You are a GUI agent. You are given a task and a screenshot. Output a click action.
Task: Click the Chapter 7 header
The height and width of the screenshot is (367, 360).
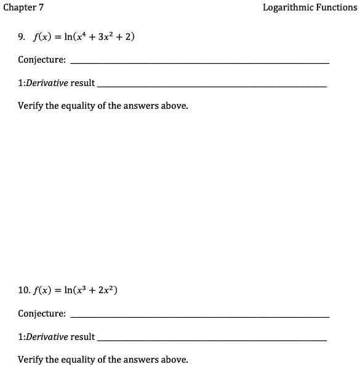coord(23,8)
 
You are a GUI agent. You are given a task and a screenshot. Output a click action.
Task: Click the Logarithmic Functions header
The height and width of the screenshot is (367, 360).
coord(310,8)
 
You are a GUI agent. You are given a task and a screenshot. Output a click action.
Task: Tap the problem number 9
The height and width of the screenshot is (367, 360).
coord(21,37)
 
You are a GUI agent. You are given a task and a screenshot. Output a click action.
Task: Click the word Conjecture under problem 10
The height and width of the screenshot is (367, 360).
coord(41,314)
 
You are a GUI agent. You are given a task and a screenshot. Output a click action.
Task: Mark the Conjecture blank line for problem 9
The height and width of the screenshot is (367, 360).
coord(200,63)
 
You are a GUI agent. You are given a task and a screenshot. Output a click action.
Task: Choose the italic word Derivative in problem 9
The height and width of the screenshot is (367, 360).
coord(46,83)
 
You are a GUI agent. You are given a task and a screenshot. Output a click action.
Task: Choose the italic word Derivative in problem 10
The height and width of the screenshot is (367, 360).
coord(46,337)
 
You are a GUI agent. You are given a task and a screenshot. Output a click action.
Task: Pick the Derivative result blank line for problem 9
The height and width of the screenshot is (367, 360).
coord(212,86)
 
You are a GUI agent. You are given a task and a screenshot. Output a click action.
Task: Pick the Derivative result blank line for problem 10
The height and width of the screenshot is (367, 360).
coord(212,340)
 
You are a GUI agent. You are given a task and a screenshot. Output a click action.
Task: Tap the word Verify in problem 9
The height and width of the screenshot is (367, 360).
coord(30,106)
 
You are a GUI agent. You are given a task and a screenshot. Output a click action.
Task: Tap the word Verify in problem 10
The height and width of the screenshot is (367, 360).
coord(30,360)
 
